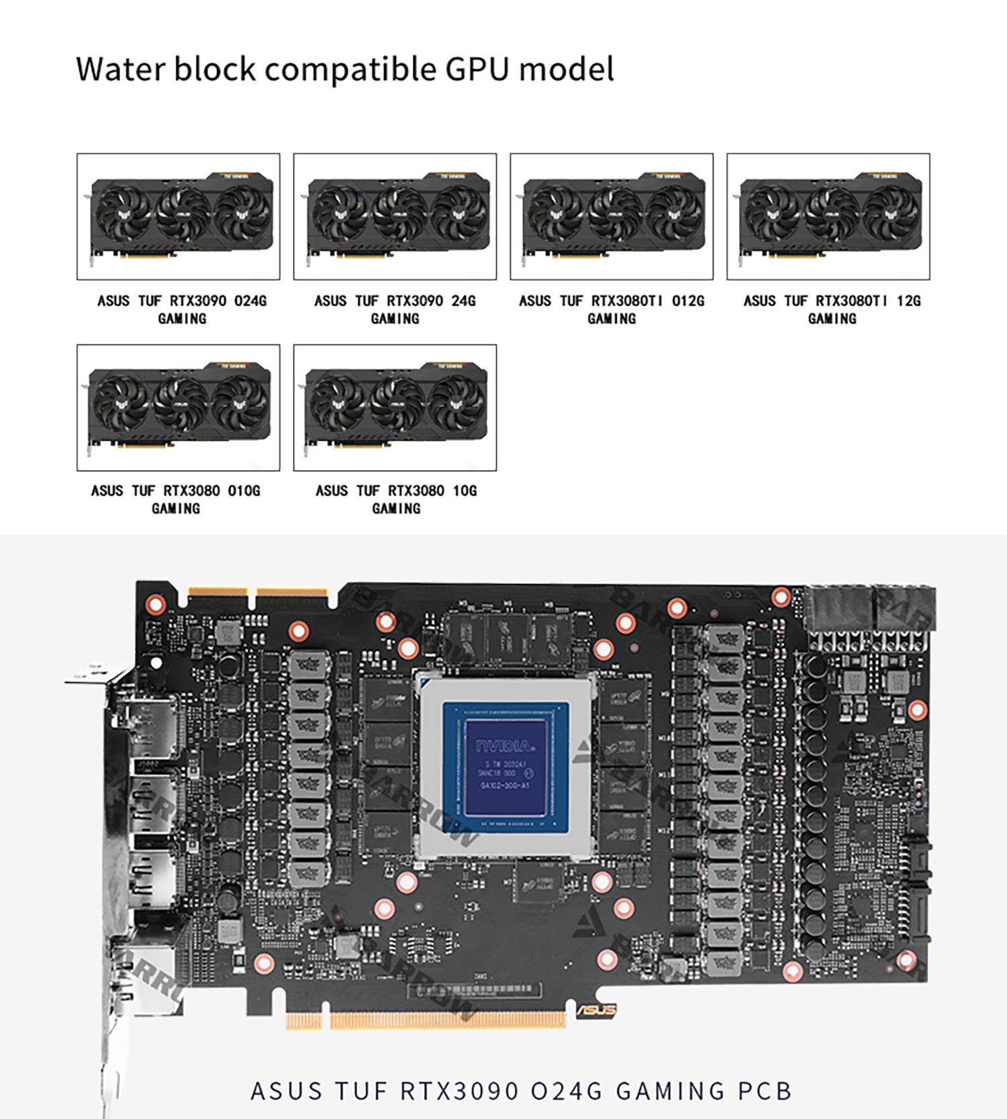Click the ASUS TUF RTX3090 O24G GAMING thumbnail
[178, 216]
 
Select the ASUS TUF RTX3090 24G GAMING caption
[395, 309]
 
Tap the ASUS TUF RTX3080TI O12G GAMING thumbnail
[611, 216]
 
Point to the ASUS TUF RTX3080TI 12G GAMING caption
[832, 309]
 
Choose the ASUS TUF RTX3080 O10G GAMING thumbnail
[178, 407]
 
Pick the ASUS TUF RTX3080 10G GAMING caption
[396, 499]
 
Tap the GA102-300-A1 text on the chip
[505, 785]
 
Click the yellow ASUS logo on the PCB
[596, 1010]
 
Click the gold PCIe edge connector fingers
[446, 1020]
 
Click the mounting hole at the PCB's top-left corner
[156, 604]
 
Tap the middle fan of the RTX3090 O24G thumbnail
[183, 214]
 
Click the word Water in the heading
[119, 69]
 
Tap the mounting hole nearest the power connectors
[781, 596]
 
